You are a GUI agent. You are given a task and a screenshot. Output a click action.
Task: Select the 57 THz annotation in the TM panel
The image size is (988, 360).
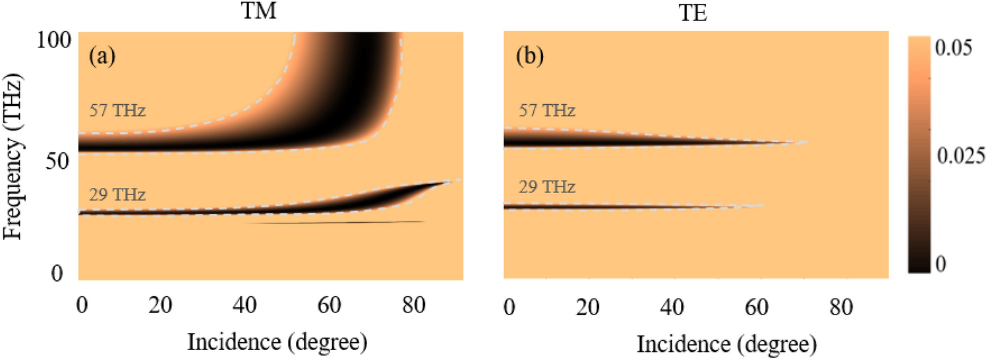(x=117, y=110)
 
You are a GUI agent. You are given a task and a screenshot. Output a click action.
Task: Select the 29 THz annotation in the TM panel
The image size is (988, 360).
(x=117, y=195)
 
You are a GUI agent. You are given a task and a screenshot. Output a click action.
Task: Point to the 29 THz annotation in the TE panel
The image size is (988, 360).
(x=548, y=187)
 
